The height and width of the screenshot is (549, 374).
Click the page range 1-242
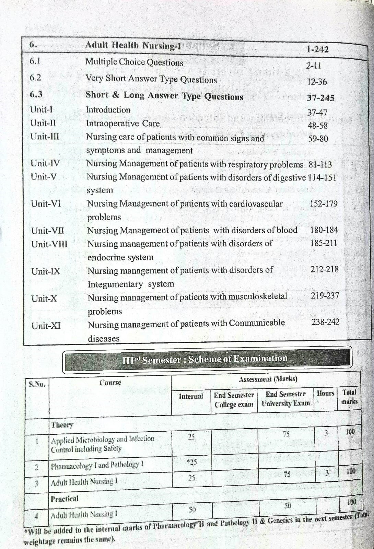pyautogui.click(x=317, y=49)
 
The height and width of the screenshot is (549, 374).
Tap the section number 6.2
pyautogui.click(x=35, y=78)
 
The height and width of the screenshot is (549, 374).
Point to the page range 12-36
pyautogui.click(x=317, y=82)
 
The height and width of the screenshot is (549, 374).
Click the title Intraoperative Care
pyautogui.click(x=123, y=124)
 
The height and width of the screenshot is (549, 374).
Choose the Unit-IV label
pyautogui.click(x=45, y=163)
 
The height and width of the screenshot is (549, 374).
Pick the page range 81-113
pyautogui.click(x=320, y=165)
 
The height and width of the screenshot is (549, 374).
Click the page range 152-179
pyautogui.click(x=324, y=203)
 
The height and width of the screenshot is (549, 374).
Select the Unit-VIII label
pyautogui.click(x=49, y=244)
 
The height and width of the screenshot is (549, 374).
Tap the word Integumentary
pyautogui.click(x=115, y=284)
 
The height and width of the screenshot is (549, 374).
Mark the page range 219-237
pyautogui.click(x=325, y=295)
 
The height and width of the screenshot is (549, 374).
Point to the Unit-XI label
pyautogui.click(x=46, y=325)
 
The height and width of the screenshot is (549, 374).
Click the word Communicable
pyautogui.click(x=257, y=323)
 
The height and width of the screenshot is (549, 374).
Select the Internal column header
pyautogui.click(x=191, y=396)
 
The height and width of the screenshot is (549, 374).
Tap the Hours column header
pyautogui.click(x=325, y=393)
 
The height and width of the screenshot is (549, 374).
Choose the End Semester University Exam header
pyautogui.click(x=285, y=399)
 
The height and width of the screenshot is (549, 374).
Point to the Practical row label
pyautogui.click(x=65, y=499)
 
